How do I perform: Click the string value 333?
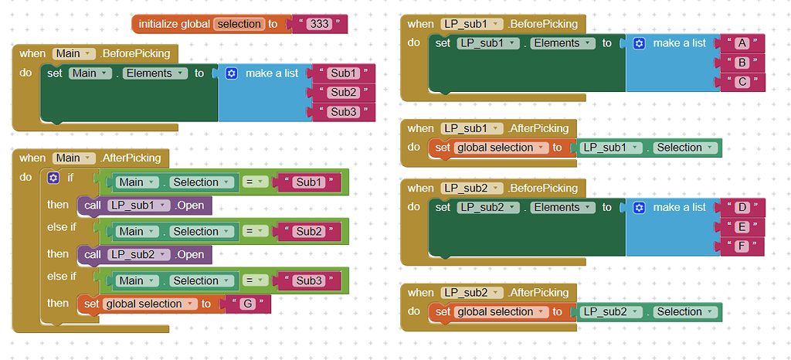pos(319,24)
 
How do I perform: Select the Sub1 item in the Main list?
pos(344,73)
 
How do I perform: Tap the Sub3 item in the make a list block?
pos(344,112)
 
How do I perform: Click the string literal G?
pos(247,304)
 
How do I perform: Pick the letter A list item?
pos(742,43)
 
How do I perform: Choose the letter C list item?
pos(742,82)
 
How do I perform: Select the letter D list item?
pos(742,207)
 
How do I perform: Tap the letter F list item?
pos(742,246)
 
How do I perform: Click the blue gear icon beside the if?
pos(53,178)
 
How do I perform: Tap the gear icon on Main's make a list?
pos(232,73)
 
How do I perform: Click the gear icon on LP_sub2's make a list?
pos(639,207)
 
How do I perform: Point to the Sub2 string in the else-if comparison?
pos(308,231)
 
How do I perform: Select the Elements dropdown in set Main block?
pos(154,73)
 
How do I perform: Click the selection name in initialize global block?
pos(239,24)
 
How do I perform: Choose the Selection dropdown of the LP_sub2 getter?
pos(684,311)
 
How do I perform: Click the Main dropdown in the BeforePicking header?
pos(73,53)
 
